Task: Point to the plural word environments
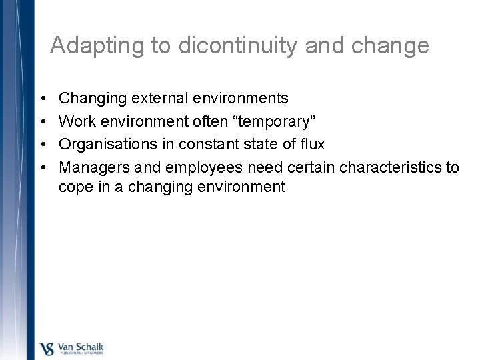(x=241, y=99)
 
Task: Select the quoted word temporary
(x=281, y=121)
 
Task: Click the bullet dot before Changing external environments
(x=43, y=99)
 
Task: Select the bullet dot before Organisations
(x=43, y=144)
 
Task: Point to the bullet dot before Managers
(x=43, y=167)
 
